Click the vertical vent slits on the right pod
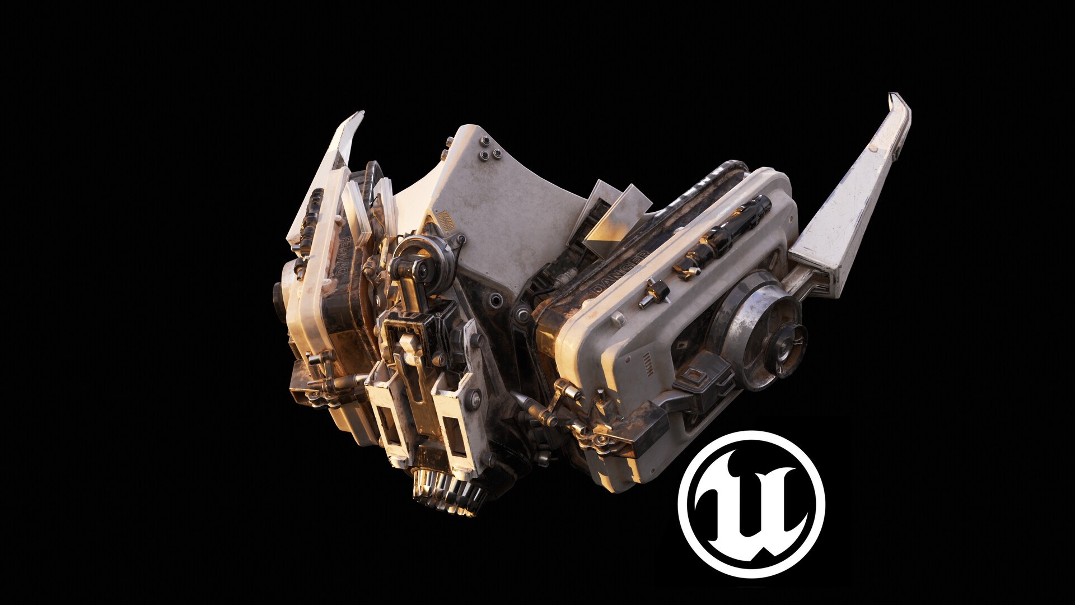[648, 365]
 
